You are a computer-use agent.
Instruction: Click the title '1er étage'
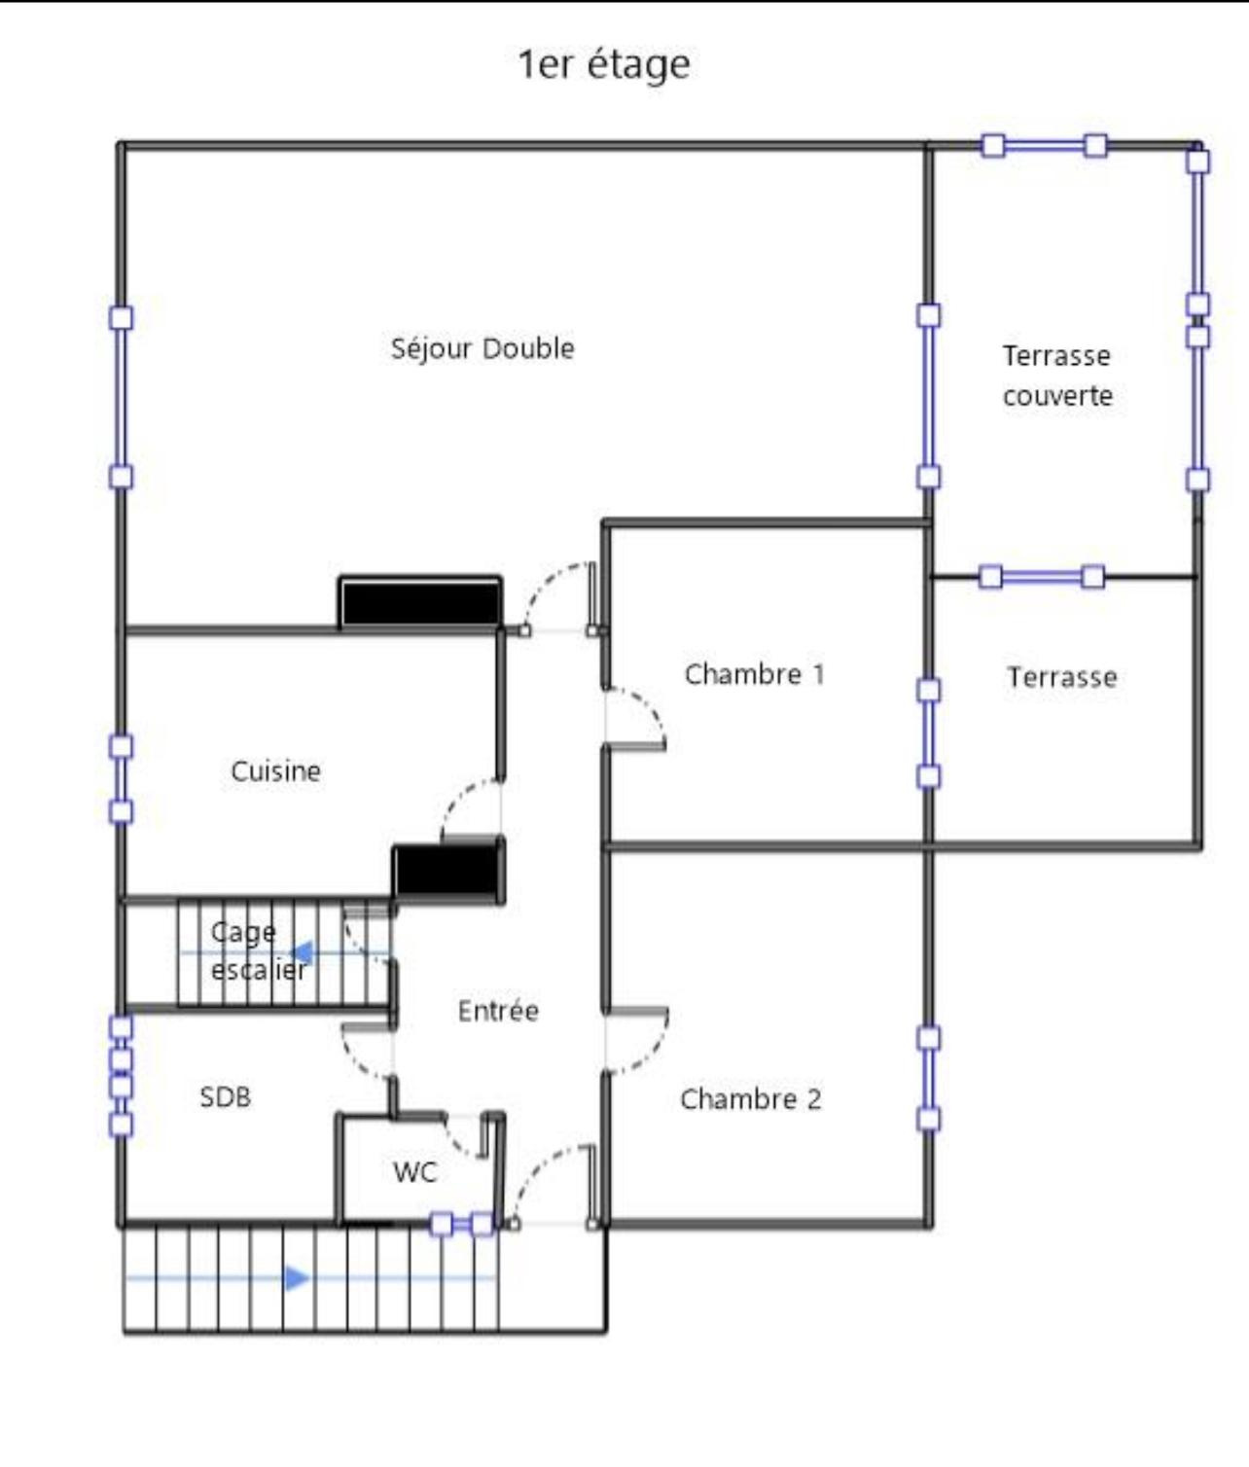click(x=604, y=65)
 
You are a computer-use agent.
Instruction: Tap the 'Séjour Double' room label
click(x=482, y=348)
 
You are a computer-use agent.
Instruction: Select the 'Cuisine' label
click(x=275, y=770)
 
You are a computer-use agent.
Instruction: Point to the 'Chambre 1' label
click(x=755, y=673)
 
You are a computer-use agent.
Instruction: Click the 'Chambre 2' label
click(x=751, y=1098)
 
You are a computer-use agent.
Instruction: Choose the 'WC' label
click(x=415, y=1172)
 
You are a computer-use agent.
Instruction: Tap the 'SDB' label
click(x=226, y=1096)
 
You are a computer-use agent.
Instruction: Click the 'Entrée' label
click(x=498, y=1011)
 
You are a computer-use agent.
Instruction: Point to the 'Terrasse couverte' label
click(x=1057, y=376)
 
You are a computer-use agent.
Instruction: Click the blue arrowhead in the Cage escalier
click(x=303, y=953)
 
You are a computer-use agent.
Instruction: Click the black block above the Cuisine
click(x=421, y=602)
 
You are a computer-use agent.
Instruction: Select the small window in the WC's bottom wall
click(x=462, y=1223)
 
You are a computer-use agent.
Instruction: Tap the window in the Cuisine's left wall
click(x=121, y=779)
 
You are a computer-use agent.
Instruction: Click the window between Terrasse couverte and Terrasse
click(x=1043, y=577)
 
